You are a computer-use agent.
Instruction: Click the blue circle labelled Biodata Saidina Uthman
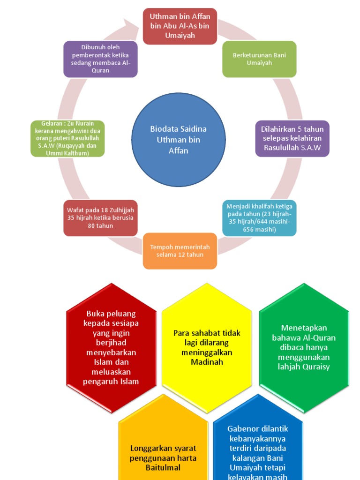[178, 140]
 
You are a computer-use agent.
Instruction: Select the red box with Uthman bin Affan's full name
[180, 26]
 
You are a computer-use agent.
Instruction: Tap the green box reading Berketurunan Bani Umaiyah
[259, 59]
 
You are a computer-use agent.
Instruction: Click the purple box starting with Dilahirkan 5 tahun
[292, 138]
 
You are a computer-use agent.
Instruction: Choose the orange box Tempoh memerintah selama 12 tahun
[180, 251]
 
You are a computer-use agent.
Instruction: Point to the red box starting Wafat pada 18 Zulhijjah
[100, 218]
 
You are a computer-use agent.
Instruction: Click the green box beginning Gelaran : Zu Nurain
[67, 139]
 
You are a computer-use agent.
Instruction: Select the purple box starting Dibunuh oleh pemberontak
[100, 59]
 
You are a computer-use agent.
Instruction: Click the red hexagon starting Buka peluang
[111, 347]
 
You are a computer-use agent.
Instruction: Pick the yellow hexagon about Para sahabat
[207, 347]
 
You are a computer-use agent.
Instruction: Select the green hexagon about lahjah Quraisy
[304, 347]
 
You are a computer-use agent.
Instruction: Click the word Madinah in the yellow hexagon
[207, 362]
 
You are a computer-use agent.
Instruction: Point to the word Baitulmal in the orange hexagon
[163, 467]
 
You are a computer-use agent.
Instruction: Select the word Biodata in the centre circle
[165, 129]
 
